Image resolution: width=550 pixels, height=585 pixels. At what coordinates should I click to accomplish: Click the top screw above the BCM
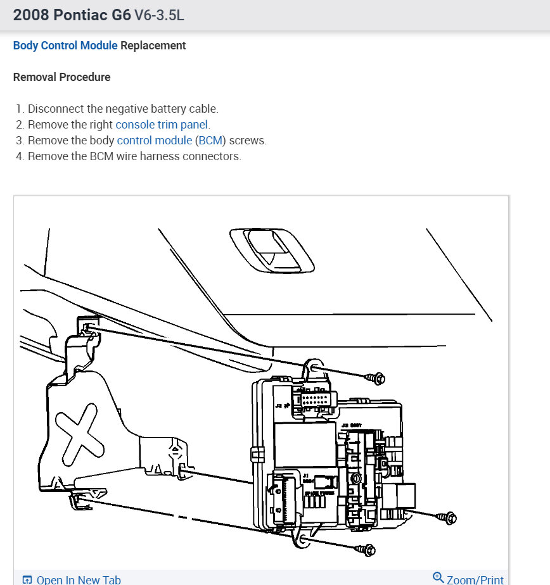[x=376, y=379]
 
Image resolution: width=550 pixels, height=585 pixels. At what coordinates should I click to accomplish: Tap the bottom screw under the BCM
[x=367, y=550]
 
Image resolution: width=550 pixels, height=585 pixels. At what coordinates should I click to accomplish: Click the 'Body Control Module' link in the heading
[x=65, y=46]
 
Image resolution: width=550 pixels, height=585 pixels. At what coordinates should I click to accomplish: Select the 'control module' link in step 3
[x=155, y=141]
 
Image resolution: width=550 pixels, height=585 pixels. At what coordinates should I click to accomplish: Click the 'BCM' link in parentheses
[x=208, y=141]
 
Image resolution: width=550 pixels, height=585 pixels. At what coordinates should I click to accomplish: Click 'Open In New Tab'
[x=79, y=579]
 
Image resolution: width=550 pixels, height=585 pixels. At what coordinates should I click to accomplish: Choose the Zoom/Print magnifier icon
[x=438, y=577]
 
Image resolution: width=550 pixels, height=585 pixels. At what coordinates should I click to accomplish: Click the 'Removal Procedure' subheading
[x=61, y=77]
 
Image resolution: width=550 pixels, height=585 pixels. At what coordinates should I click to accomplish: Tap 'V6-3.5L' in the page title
[x=159, y=15]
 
